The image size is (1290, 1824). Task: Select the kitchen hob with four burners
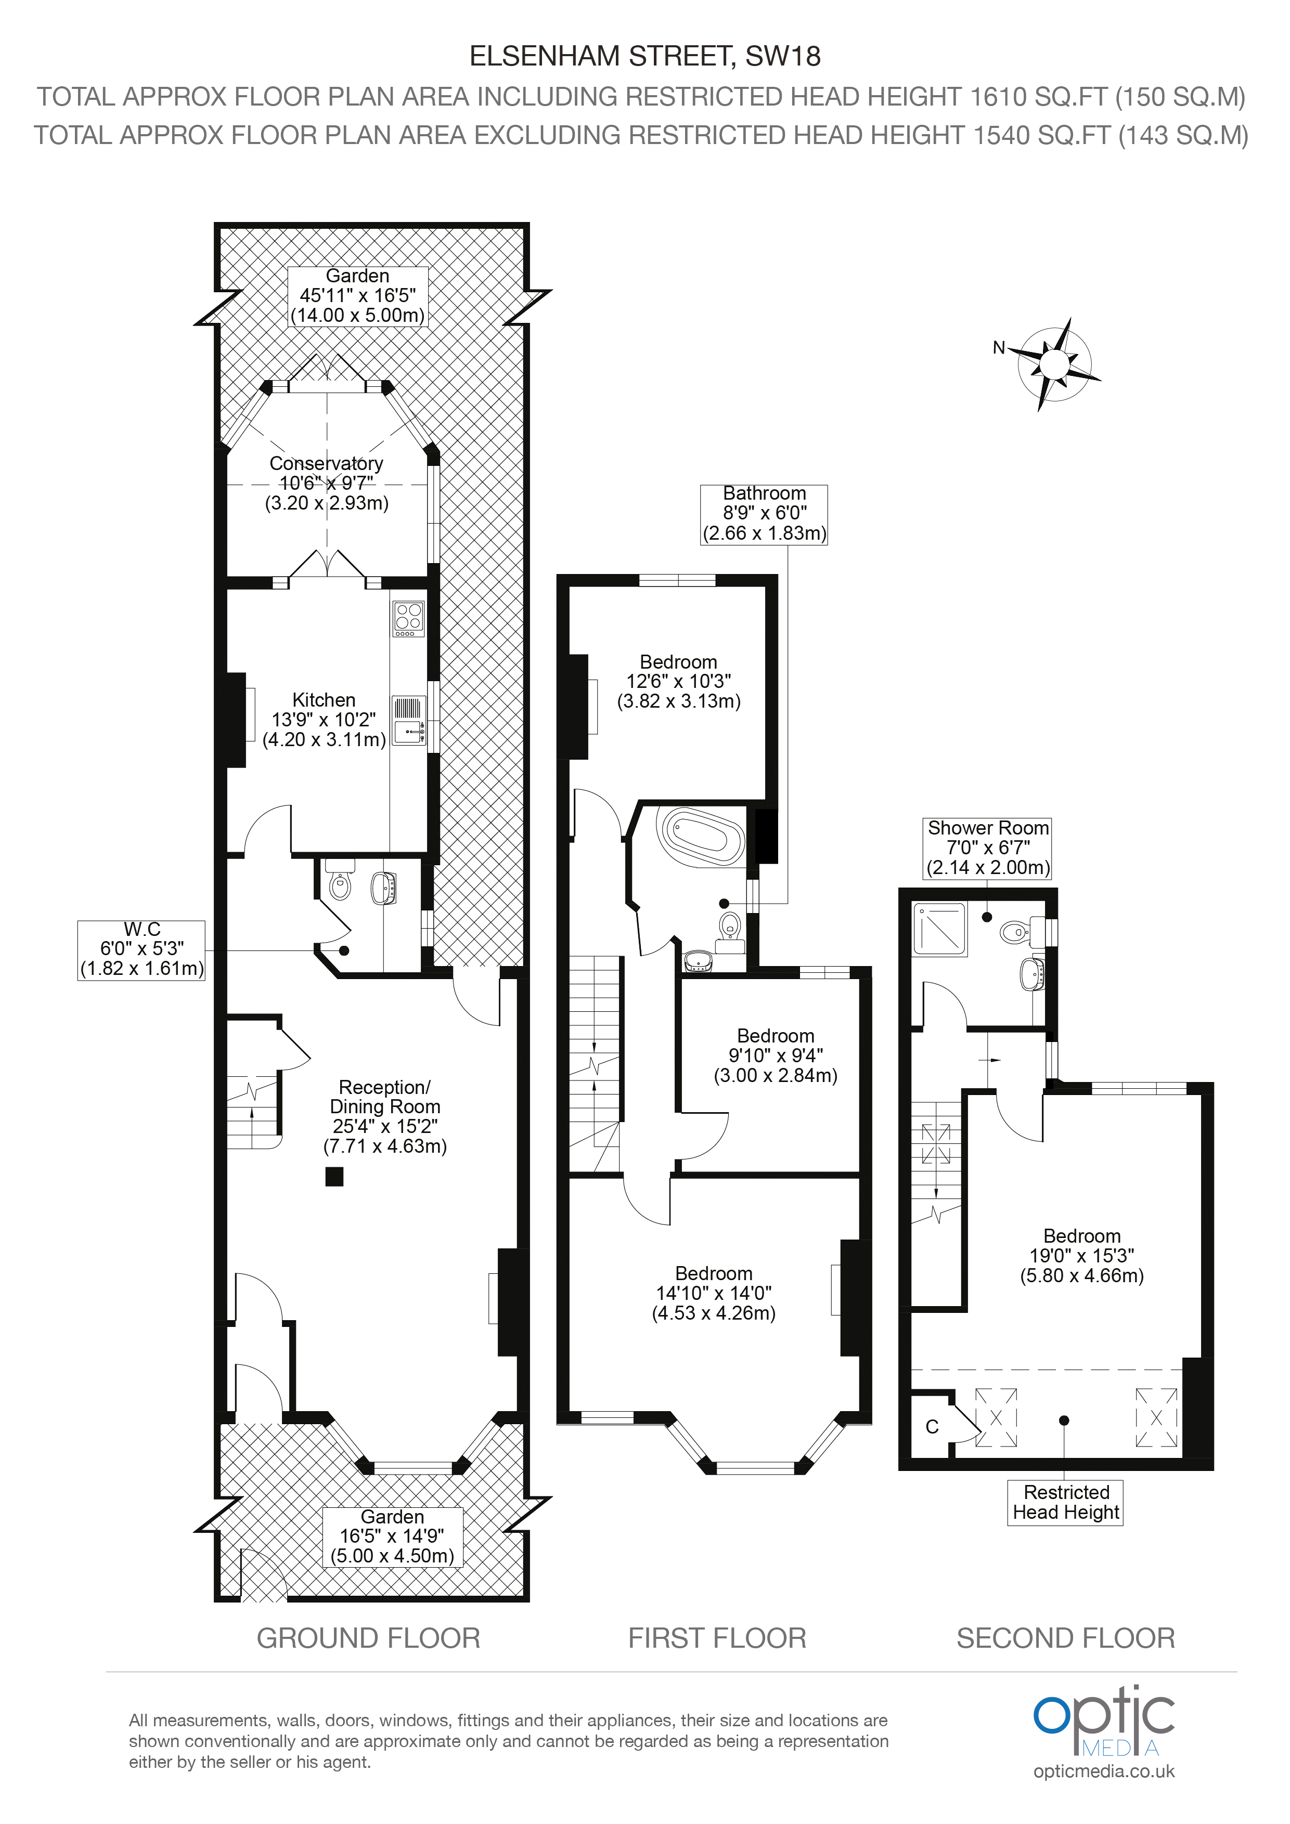408,618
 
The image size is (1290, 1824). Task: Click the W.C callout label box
141,950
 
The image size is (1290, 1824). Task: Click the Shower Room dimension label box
988,848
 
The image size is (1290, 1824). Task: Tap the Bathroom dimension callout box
764,514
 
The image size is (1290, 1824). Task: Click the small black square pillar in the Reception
334,1177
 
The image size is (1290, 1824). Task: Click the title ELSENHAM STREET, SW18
646,56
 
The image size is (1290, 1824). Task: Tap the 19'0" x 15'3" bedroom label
1082,1256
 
